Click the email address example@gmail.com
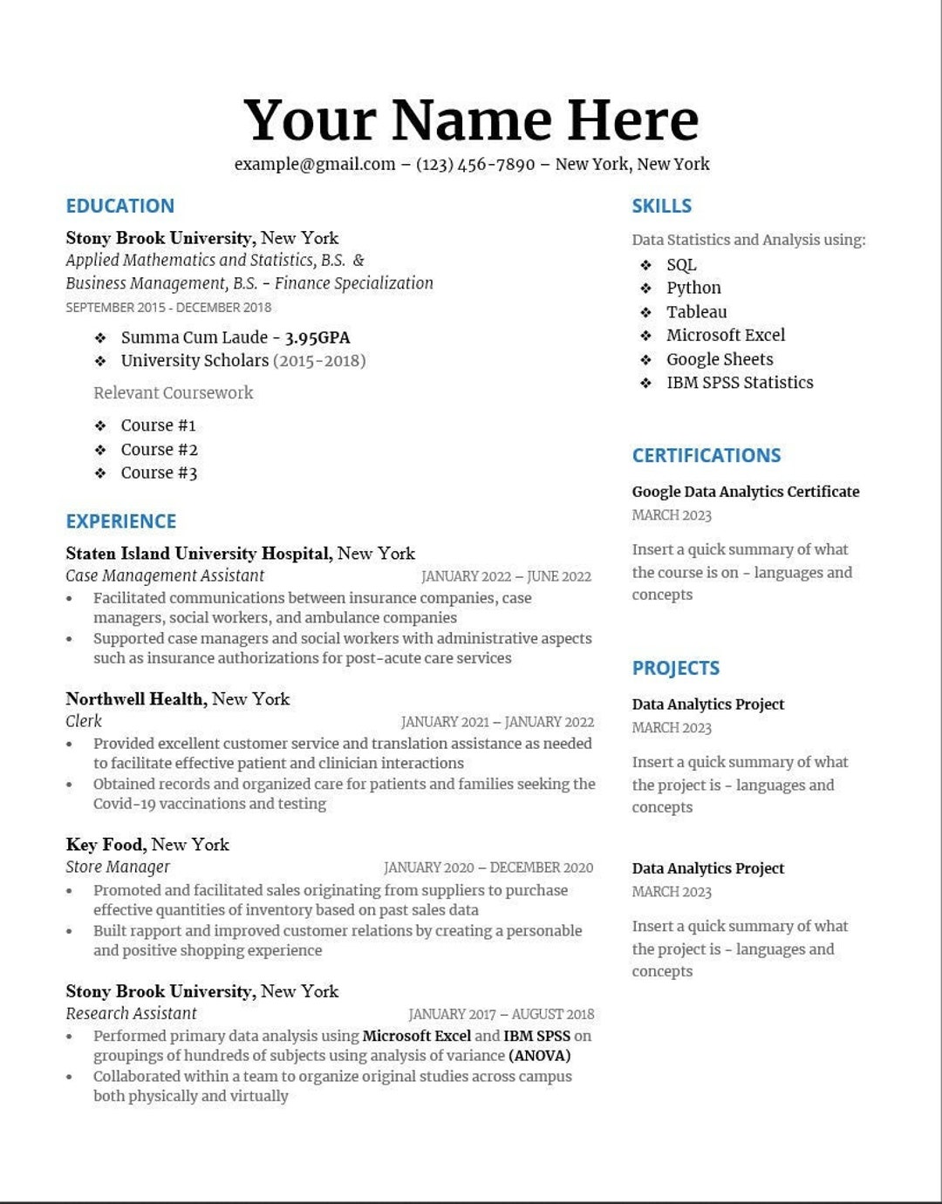click(314, 164)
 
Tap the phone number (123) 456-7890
click(475, 164)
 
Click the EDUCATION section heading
click(120, 206)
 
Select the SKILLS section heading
click(662, 206)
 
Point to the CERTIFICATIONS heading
click(706, 455)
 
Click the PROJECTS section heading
click(676, 668)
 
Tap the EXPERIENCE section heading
click(121, 521)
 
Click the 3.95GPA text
click(317, 337)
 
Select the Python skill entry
click(693, 288)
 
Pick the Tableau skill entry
click(696, 311)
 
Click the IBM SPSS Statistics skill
click(740, 382)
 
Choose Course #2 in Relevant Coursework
click(159, 449)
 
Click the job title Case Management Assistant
click(165, 575)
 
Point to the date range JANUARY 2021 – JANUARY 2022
click(497, 722)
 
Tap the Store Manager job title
click(118, 867)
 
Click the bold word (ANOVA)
click(539, 1056)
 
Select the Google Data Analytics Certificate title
click(746, 492)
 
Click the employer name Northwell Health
click(136, 699)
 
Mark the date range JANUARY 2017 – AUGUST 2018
click(501, 1014)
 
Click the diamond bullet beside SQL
click(645, 265)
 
